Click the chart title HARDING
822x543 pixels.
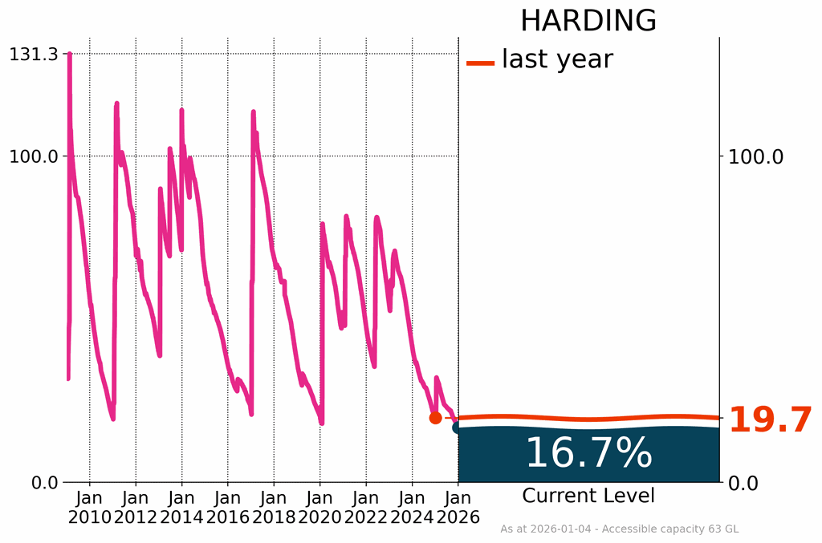click(x=588, y=21)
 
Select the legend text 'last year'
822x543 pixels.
click(x=557, y=59)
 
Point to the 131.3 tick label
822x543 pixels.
click(x=33, y=55)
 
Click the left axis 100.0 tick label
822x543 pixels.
click(x=33, y=156)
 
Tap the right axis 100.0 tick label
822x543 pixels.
click(x=755, y=156)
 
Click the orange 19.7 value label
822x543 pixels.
click(x=770, y=420)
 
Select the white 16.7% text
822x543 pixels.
click(x=588, y=454)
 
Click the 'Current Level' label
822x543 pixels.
click(x=588, y=496)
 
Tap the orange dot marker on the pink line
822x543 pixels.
click(x=435, y=418)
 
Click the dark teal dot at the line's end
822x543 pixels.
click(x=458, y=428)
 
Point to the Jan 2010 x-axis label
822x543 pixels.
click(x=89, y=507)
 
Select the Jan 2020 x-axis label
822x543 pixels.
click(x=320, y=507)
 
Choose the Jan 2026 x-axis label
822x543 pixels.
click(x=458, y=507)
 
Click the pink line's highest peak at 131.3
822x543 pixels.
click(x=70, y=55)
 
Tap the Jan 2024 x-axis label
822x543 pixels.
click(x=413, y=507)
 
